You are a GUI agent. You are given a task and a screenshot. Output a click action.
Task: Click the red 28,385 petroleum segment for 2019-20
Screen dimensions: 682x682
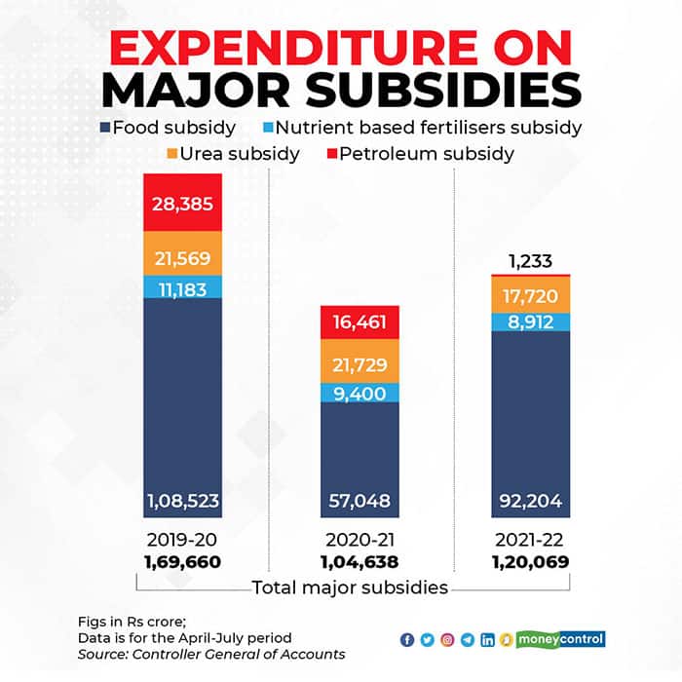click(x=182, y=203)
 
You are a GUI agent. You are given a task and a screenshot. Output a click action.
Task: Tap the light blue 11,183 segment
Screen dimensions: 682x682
click(x=182, y=286)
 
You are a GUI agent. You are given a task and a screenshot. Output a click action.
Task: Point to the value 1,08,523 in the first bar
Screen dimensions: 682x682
click(x=182, y=502)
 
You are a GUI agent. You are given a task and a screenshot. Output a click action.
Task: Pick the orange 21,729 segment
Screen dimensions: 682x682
click(x=360, y=365)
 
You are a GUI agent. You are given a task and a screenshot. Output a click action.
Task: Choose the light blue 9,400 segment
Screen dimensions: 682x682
click(x=360, y=393)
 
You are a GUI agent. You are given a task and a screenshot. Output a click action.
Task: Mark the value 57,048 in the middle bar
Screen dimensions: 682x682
click(x=360, y=502)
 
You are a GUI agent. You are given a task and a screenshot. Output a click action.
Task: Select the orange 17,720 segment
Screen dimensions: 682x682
click(x=530, y=294)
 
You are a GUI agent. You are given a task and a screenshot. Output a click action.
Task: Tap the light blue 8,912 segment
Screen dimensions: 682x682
click(x=530, y=322)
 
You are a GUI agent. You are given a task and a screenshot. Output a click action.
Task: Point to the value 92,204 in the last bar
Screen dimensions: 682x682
click(x=530, y=502)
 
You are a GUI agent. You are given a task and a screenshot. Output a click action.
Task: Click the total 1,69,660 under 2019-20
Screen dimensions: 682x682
click(x=182, y=562)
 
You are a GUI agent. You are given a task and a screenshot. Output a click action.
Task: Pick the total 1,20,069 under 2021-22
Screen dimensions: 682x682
click(x=530, y=562)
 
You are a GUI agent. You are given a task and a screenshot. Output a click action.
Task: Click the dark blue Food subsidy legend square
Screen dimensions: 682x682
click(x=104, y=127)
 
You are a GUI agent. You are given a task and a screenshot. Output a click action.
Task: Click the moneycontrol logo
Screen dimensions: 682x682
click(x=564, y=639)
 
